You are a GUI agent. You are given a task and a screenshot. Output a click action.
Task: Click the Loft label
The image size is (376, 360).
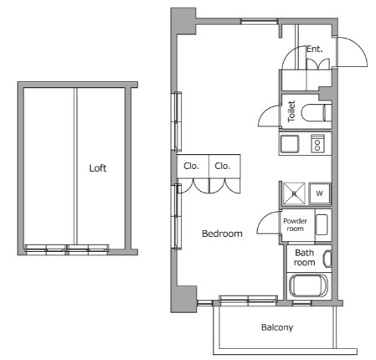[98, 168]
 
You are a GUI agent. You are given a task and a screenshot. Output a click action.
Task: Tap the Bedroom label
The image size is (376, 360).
[222, 234]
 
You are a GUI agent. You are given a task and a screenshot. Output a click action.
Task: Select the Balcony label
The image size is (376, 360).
[277, 327]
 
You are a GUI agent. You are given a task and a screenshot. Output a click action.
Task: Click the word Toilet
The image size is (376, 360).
[291, 111]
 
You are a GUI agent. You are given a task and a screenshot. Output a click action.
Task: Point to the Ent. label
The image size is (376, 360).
[315, 49]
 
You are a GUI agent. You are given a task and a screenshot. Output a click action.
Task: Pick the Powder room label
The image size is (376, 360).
[295, 225]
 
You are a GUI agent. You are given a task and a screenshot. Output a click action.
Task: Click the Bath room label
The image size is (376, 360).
[305, 258]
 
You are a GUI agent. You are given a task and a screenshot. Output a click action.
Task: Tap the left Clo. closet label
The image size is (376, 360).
[191, 166]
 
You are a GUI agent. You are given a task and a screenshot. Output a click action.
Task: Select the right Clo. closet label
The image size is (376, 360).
[222, 166]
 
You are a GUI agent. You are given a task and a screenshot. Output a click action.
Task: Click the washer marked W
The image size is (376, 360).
[320, 193]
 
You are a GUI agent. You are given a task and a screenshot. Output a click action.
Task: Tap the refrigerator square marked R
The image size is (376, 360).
[294, 193]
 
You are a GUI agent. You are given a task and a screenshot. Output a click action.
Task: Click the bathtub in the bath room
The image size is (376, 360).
[308, 285]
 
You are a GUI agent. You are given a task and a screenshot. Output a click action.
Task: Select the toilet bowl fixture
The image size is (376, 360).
[317, 112]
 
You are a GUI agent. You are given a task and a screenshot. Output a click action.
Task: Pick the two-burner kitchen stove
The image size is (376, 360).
[317, 143]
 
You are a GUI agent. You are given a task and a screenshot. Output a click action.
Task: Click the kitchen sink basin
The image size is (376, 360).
[290, 144]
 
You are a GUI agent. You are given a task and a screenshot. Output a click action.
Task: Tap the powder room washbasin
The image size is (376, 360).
[322, 225]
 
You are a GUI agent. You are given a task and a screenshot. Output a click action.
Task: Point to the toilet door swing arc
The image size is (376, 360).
[265, 111]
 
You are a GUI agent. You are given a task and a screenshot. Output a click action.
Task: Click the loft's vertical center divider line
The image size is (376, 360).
[75, 167]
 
